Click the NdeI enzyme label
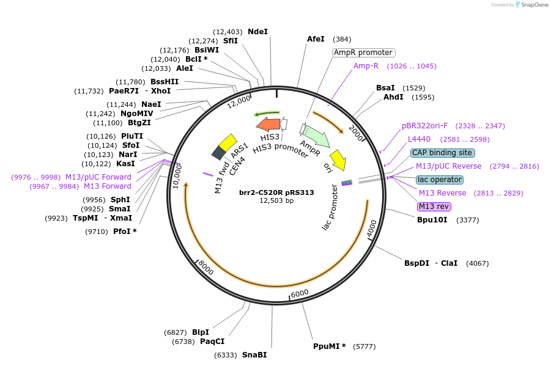pos(257,31)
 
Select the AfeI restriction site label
pos(316,39)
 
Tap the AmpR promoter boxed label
pos(363,53)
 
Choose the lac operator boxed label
pos(439,180)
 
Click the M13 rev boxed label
pos(434,207)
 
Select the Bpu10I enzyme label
pos(432,220)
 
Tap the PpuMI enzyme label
pos(329,346)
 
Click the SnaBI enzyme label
pos(254,355)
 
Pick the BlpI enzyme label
pos(201,332)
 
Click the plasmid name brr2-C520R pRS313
pos(276,192)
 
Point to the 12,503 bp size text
pos(276,200)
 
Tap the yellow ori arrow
pos(338,159)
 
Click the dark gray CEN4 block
pos(218,153)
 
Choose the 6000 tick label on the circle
pos(300,294)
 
